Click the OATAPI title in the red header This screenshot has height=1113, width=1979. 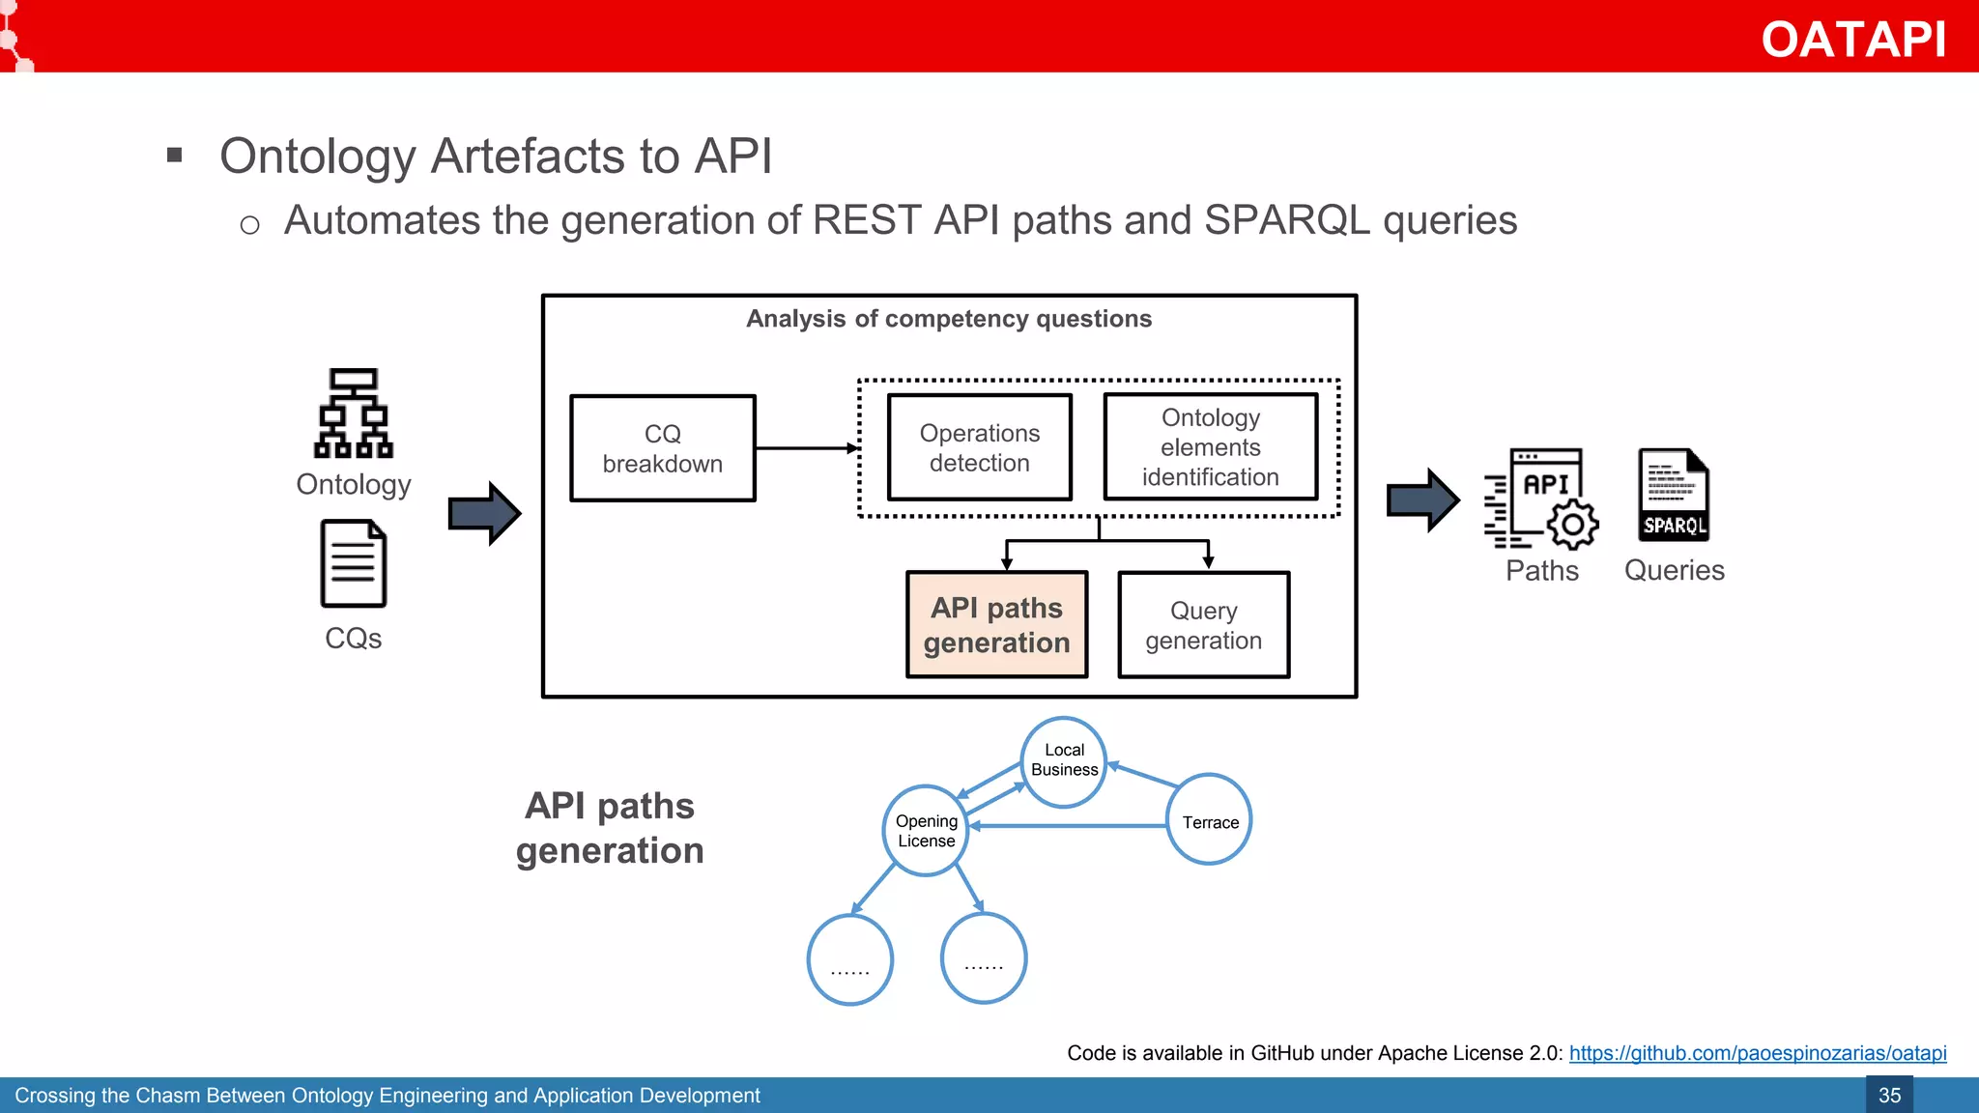(1852, 40)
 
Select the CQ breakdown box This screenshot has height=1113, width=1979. (662, 448)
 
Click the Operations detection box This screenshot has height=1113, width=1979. (979, 447)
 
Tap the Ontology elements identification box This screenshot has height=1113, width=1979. (1210, 447)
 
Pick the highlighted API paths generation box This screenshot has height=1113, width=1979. (996, 625)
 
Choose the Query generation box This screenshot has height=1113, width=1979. (1203, 625)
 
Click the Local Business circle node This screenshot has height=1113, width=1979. (1064, 761)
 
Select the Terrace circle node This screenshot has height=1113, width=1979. (1209, 820)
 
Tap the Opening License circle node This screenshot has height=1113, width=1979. (926, 831)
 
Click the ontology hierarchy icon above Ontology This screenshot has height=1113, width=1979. (354, 413)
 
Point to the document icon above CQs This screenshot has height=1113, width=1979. (354, 563)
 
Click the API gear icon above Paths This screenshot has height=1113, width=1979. (1542, 499)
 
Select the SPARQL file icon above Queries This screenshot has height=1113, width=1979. (1674, 495)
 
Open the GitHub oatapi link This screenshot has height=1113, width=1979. (1757, 1053)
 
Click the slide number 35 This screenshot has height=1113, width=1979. (1889, 1096)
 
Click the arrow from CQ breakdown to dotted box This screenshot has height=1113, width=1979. (807, 448)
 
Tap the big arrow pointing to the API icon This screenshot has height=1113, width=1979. (1422, 500)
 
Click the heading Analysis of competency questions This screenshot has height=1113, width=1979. (948, 319)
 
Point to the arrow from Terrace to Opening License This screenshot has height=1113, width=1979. (1068, 826)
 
